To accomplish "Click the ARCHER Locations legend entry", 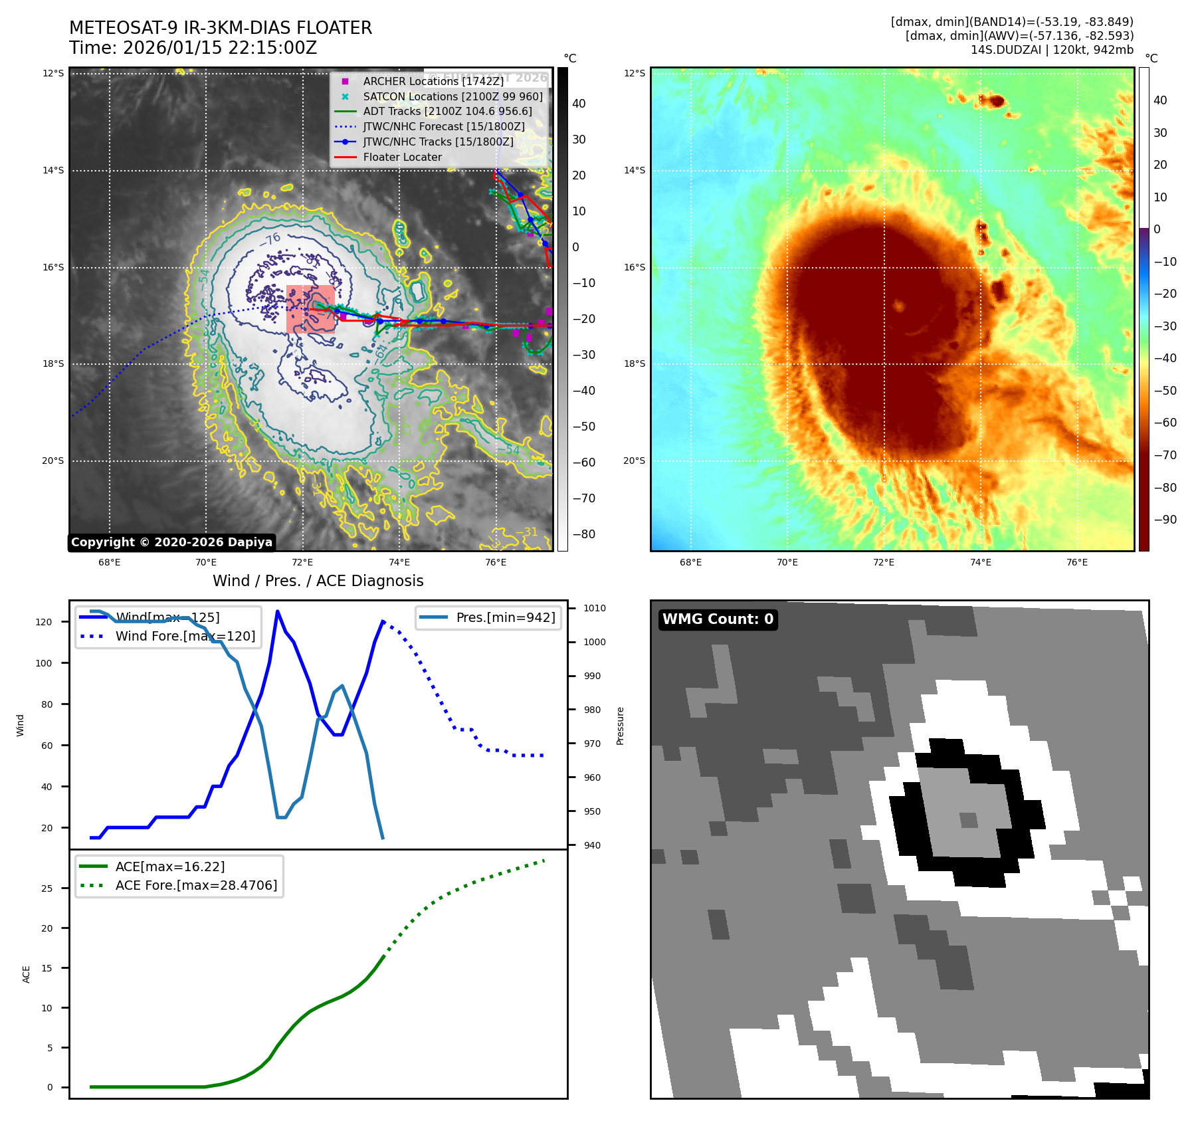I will pyautogui.click(x=433, y=81).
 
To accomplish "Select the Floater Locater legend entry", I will pyautogui.click(x=402, y=157).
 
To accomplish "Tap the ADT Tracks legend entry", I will pyautogui.click(x=447, y=111).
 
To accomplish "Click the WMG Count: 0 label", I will pyautogui.click(x=718, y=619).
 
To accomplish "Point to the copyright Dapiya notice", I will pyautogui.click(x=171, y=542).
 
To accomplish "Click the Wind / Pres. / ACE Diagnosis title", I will pyautogui.click(x=318, y=581).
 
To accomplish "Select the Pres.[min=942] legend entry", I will pyautogui.click(x=505, y=617).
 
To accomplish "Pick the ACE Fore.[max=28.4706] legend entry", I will pyautogui.click(x=196, y=885).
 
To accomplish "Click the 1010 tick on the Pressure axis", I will pyautogui.click(x=595, y=608).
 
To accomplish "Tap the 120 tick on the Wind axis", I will pyautogui.click(x=44, y=622).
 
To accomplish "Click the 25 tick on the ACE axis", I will pyautogui.click(x=47, y=888).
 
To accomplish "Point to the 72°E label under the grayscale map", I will pyautogui.click(x=302, y=563).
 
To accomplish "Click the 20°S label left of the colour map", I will pyautogui.click(x=634, y=460).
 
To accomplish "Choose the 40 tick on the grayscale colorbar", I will pyautogui.click(x=579, y=104).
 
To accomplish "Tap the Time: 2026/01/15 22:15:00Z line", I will pyautogui.click(x=193, y=49).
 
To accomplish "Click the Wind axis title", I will pyautogui.click(x=20, y=725).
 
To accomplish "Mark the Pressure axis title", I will pyautogui.click(x=620, y=726).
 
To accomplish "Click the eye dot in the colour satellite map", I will pyautogui.click(x=900, y=306).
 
